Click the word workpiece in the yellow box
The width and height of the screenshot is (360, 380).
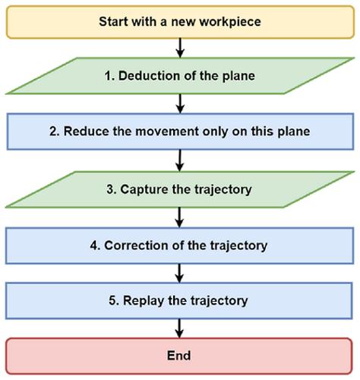click(230, 22)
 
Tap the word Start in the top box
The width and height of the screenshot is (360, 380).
click(114, 21)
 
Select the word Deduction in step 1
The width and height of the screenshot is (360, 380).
click(150, 76)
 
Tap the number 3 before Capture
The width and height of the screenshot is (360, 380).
click(111, 189)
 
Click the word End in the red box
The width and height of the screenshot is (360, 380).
click(178, 356)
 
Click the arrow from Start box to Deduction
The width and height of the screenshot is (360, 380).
click(180, 48)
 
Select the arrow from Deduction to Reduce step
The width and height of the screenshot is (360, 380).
click(180, 103)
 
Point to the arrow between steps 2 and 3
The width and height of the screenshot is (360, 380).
click(179, 160)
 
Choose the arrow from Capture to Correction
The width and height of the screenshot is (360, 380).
click(179, 217)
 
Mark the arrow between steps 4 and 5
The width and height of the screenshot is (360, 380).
click(179, 273)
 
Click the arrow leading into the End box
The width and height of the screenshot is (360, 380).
click(179, 328)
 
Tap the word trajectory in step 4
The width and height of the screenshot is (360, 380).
click(238, 245)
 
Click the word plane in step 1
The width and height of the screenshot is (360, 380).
click(238, 76)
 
